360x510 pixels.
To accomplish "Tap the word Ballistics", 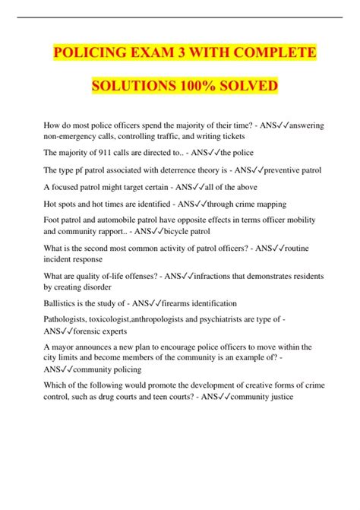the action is coord(64,303).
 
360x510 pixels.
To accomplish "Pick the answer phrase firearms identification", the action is coord(200,303).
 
